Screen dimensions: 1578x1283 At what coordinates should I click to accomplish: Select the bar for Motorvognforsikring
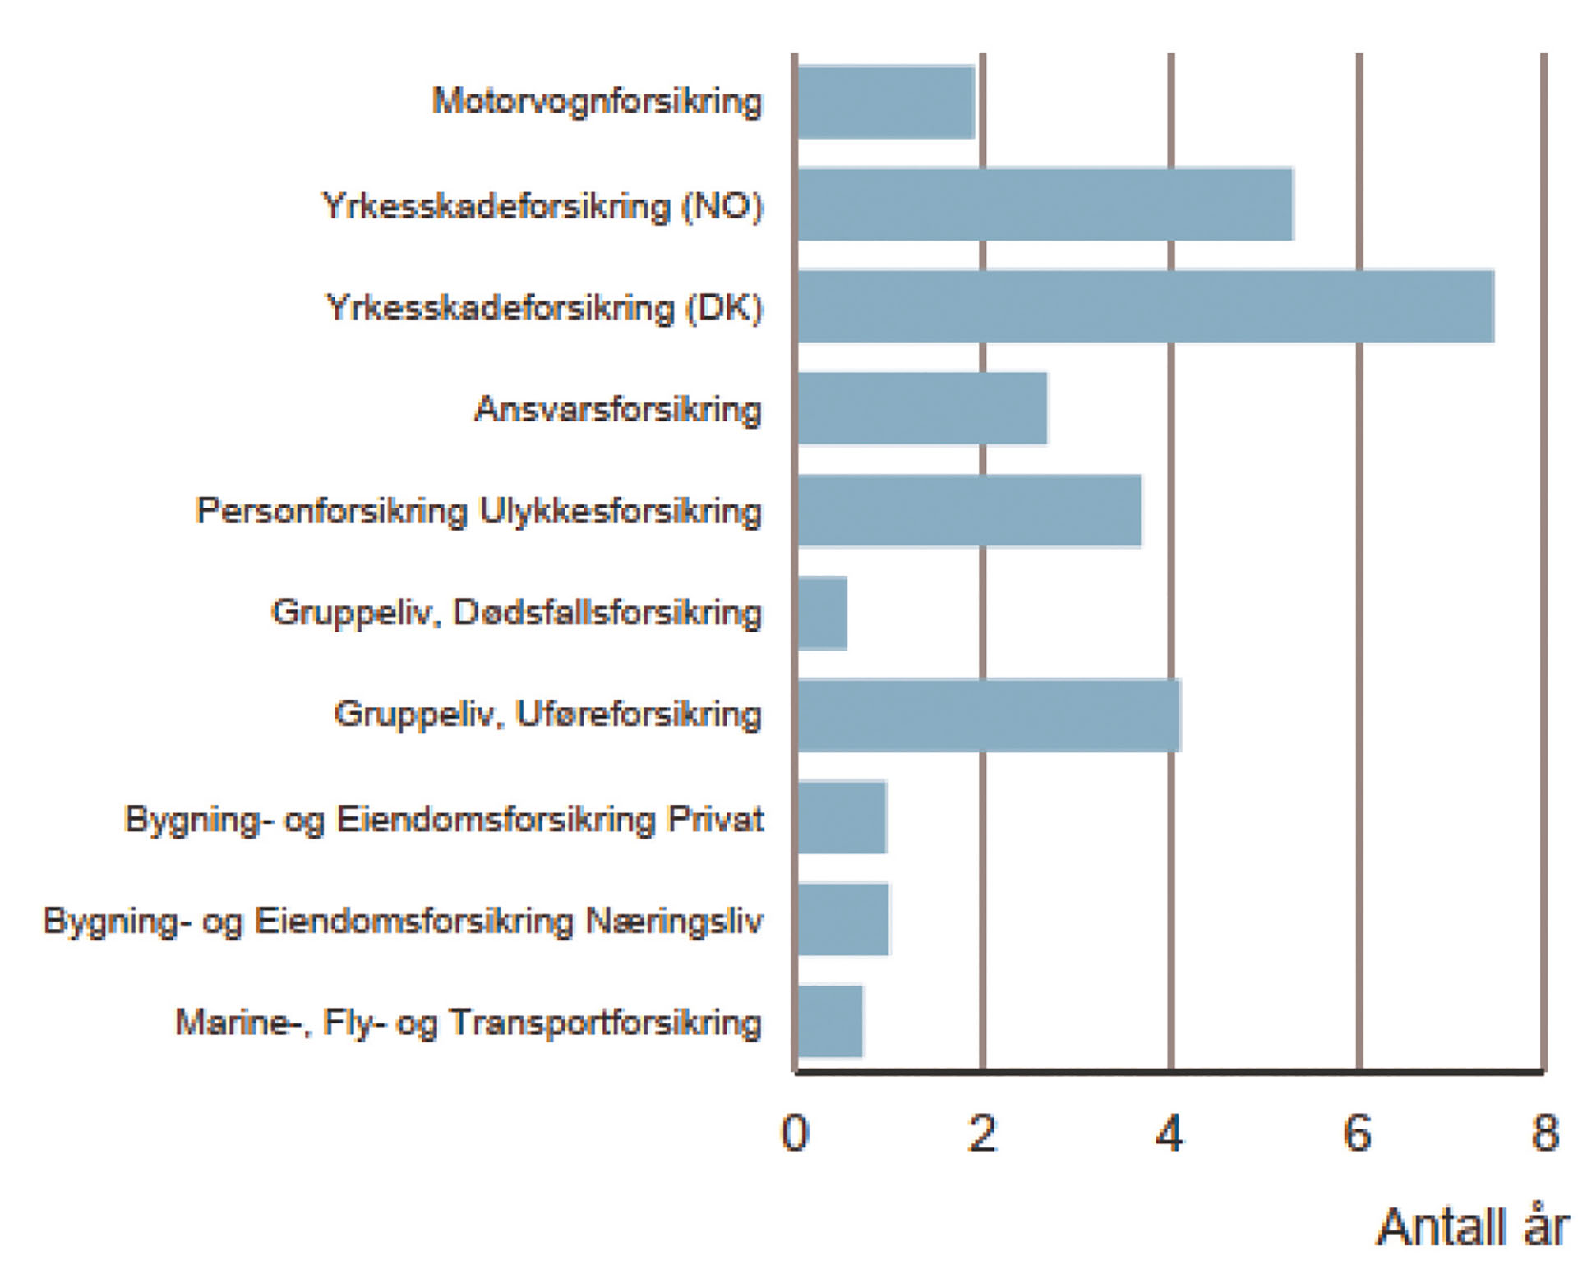click(x=886, y=103)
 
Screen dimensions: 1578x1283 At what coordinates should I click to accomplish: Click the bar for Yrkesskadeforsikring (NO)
click(x=1045, y=205)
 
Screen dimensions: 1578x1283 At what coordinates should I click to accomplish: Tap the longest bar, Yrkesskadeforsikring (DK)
click(x=1146, y=306)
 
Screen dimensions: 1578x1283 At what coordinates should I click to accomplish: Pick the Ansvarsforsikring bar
click(x=923, y=408)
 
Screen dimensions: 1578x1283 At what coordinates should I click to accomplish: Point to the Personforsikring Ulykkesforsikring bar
click(x=970, y=510)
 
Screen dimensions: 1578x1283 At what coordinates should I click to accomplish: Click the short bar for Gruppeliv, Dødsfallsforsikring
click(x=822, y=613)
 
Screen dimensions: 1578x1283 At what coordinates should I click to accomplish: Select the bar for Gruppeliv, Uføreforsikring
click(x=990, y=715)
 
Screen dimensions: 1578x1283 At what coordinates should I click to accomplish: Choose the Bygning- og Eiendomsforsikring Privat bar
click(x=842, y=817)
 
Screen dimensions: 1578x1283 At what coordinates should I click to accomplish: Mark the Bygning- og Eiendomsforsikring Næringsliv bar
click(x=843, y=919)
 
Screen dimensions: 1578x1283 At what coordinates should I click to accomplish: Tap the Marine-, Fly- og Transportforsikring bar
click(x=830, y=1021)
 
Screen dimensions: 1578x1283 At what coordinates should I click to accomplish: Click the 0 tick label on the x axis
click(x=795, y=1134)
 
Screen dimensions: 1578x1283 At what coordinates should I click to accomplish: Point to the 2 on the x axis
click(x=983, y=1134)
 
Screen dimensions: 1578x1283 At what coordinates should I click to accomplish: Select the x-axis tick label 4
click(x=1170, y=1134)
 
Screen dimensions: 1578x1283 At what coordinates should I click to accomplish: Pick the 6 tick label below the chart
click(x=1358, y=1134)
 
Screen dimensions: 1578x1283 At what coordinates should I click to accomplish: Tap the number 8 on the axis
click(x=1545, y=1134)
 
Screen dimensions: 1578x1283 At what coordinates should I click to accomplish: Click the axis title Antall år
click(x=1473, y=1227)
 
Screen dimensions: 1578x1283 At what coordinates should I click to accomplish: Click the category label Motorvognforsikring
click(x=598, y=103)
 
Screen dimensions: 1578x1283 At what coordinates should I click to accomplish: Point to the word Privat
click(x=716, y=819)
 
